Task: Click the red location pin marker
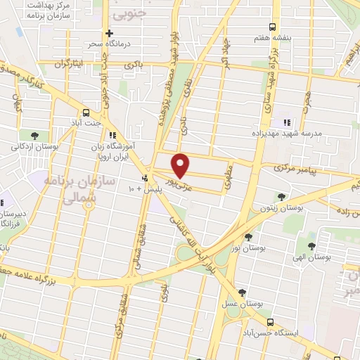coord(181,165)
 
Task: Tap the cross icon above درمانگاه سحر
coord(109,33)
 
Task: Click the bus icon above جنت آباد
coord(86,112)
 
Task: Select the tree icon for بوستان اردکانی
coord(34,135)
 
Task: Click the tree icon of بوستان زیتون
coord(281,197)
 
